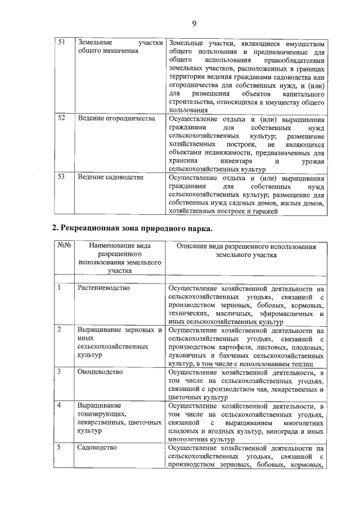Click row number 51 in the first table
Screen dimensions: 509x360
(x=62, y=43)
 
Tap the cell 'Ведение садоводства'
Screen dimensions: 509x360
(x=110, y=177)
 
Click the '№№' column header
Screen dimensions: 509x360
(x=64, y=246)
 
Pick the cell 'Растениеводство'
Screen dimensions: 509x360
(x=103, y=288)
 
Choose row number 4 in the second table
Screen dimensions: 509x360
(x=59, y=405)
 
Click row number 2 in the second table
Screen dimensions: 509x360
(x=59, y=330)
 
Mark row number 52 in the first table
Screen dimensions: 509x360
(x=62, y=119)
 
